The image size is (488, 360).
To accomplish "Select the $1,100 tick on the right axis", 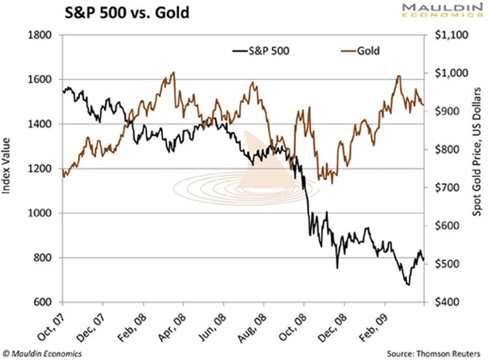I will pos(447,35).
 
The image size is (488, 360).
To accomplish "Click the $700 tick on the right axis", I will pos(444,187).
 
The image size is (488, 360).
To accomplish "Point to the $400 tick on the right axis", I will pos(444,302).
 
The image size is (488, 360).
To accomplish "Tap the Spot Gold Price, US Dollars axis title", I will pos(478,168).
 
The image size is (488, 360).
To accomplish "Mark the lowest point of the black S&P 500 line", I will pos(408,284).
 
